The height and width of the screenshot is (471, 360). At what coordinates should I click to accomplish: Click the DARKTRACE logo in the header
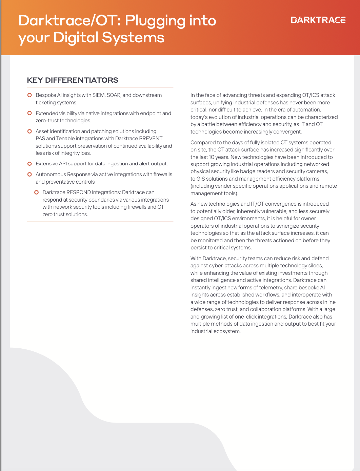point(318,20)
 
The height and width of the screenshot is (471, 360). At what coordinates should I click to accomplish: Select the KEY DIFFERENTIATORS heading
point(73,80)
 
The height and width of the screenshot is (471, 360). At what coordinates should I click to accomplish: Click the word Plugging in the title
point(155,21)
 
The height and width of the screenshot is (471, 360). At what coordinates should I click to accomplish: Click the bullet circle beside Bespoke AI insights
point(29,95)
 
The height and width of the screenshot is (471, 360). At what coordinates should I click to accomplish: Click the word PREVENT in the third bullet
point(151,139)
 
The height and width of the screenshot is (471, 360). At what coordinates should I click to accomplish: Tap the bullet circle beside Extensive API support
point(29,164)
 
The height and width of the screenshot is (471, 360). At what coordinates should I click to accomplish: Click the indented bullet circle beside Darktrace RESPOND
point(36,192)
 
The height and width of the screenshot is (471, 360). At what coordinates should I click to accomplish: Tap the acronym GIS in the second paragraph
point(201,179)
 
